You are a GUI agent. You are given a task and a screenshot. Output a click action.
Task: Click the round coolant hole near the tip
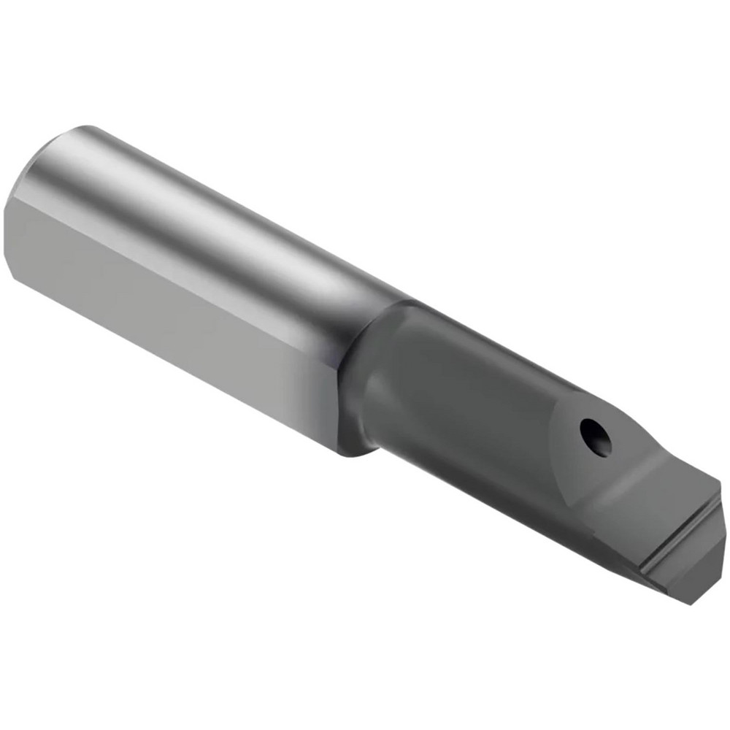point(594,436)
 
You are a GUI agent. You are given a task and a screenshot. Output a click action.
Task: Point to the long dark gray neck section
point(467,409)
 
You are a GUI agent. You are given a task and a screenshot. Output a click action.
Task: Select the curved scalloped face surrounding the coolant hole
point(577,467)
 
